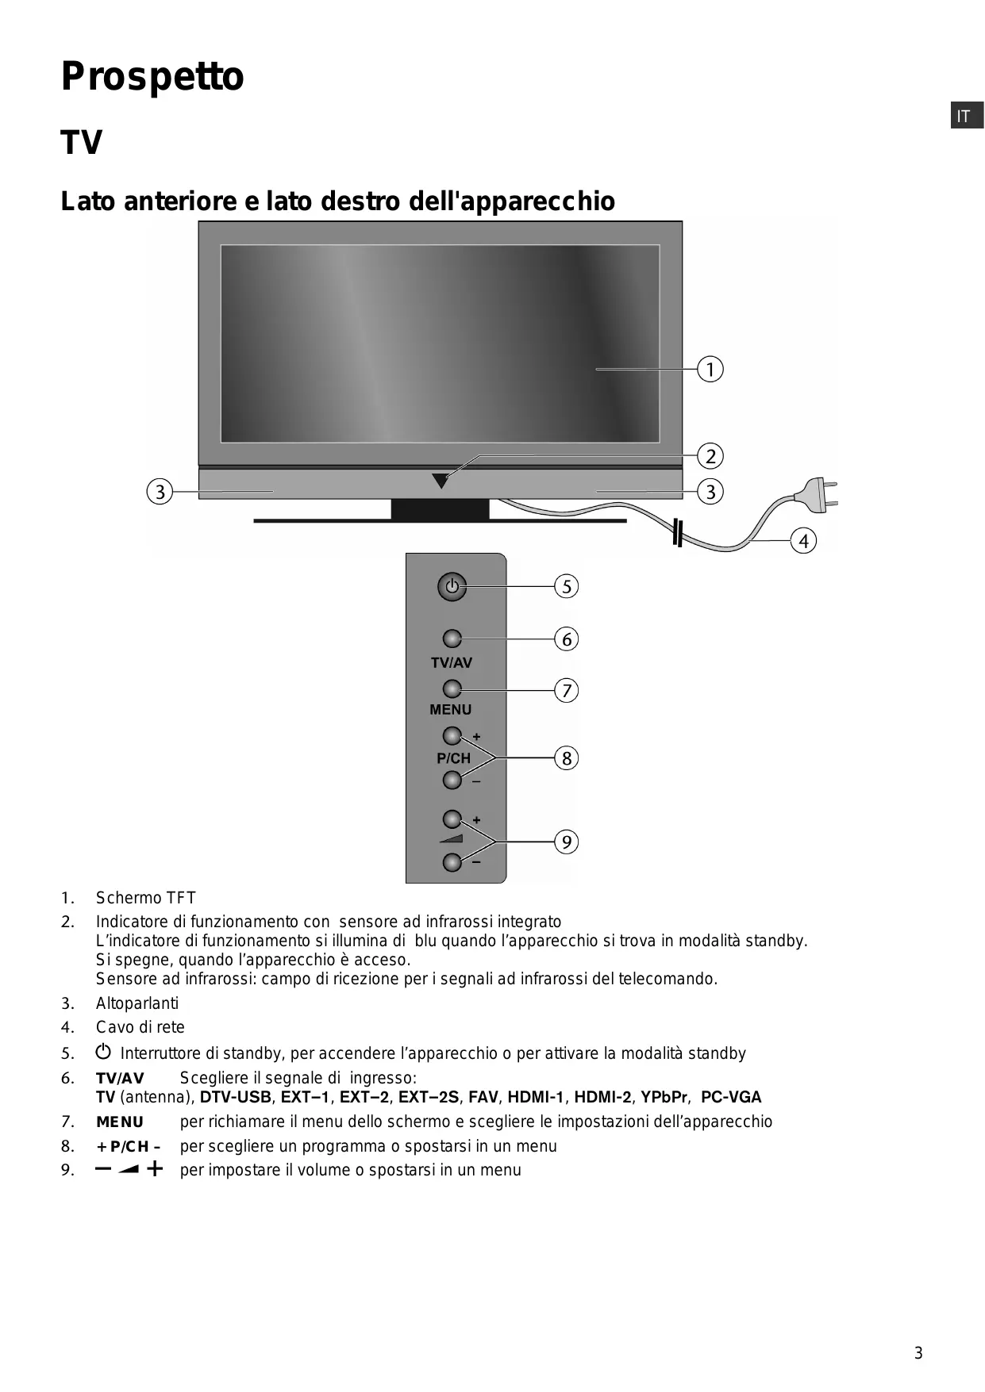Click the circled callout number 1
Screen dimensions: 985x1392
tap(710, 370)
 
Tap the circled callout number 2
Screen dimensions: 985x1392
tap(710, 457)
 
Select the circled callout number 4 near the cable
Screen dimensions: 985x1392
tap(804, 542)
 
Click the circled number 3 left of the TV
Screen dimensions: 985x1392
tap(160, 492)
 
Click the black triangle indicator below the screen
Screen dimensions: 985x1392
tap(441, 481)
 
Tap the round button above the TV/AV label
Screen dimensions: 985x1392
tap(452, 638)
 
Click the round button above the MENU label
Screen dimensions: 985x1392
tap(452, 688)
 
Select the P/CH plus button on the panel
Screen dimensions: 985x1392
tap(452, 735)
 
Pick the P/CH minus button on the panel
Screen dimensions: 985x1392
tap(452, 780)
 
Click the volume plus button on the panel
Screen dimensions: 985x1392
tap(452, 819)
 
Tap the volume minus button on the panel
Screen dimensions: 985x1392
tap(452, 862)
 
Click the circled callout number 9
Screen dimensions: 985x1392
tap(566, 842)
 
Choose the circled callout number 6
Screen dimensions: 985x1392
tap(566, 639)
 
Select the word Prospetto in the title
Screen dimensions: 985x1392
tap(152, 77)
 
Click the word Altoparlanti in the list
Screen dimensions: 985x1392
tap(137, 1003)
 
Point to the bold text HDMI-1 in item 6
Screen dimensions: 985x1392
tap(536, 1098)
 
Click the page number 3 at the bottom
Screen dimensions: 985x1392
tap(918, 1353)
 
